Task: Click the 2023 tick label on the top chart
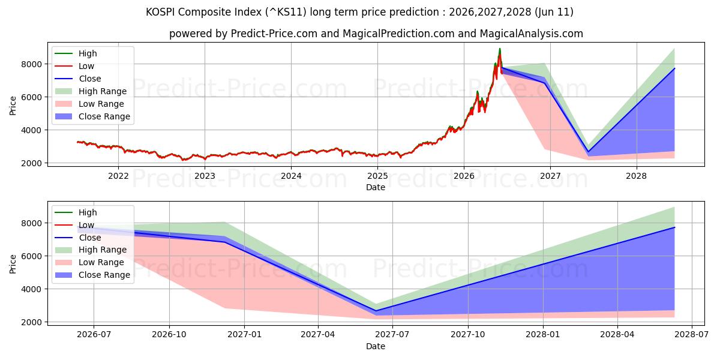[205, 176]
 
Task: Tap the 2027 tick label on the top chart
[550, 176]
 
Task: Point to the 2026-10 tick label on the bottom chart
[169, 335]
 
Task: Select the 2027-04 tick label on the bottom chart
[318, 335]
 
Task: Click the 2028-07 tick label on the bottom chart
[692, 335]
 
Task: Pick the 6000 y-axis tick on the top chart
[31, 97]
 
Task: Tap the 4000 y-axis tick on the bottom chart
[31, 289]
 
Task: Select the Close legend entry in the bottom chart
[78, 238]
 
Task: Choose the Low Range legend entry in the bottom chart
[89, 263]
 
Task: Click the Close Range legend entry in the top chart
[92, 116]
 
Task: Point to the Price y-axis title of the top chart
[13, 106]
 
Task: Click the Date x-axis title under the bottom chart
[376, 346]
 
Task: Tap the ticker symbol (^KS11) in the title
[286, 12]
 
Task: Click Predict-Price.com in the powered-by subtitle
[274, 34]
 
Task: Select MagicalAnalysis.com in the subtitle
[532, 34]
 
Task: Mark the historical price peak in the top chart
[500, 49]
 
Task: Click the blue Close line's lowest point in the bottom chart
[376, 311]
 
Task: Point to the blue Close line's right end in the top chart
[674, 68]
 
